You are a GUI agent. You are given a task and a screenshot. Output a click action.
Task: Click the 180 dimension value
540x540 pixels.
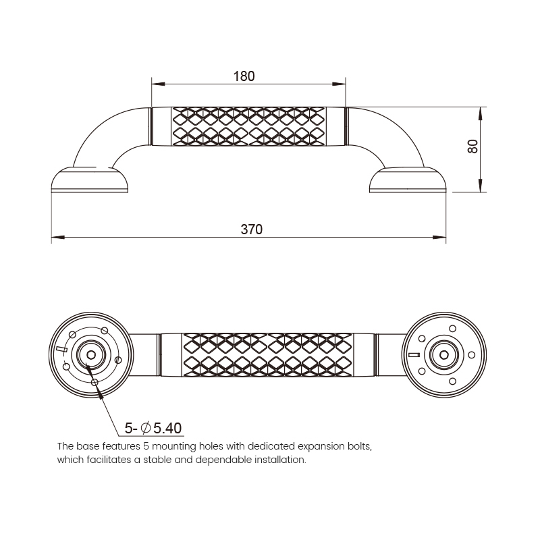(x=244, y=76)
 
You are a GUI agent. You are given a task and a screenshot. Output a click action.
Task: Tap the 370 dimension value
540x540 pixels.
(x=251, y=230)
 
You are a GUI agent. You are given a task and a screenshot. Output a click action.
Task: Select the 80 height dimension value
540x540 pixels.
(x=473, y=146)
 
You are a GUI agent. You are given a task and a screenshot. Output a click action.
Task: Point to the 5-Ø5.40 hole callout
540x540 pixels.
(x=153, y=428)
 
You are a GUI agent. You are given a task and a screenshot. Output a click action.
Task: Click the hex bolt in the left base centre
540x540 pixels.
(x=91, y=355)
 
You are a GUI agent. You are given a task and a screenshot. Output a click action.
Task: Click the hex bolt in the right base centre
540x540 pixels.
(x=444, y=355)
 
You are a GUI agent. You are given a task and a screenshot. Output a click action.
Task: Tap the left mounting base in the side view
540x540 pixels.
(x=90, y=180)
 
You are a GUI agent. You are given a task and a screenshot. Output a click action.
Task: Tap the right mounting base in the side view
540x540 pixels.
(x=408, y=180)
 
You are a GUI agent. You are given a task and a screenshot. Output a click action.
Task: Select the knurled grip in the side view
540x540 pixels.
(x=248, y=126)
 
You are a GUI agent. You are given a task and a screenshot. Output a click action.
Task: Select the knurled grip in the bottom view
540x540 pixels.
(x=267, y=355)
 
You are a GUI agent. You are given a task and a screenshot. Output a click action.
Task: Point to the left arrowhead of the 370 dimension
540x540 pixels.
(x=58, y=238)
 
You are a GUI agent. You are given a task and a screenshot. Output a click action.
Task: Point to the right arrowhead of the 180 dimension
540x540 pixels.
(x=339, y=84)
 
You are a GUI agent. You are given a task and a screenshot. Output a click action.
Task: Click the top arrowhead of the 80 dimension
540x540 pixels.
(x=481, y=113)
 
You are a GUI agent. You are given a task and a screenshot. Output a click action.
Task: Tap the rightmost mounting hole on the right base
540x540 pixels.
(x=472, y=355)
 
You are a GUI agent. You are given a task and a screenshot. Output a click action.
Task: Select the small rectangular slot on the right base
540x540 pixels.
(x=414, y=355)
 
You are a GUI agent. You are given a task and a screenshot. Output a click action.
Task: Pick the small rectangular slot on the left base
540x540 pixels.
(x=61, y=349)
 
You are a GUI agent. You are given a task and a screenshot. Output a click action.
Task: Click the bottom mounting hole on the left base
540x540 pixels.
(x=95, y=382)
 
